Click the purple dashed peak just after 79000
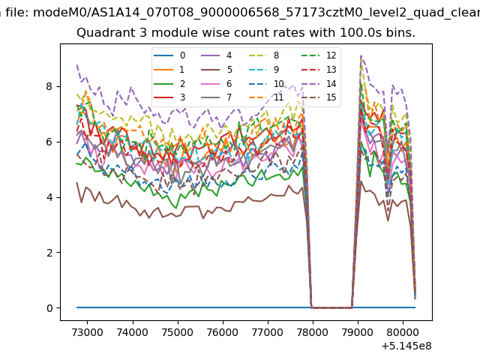361,55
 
